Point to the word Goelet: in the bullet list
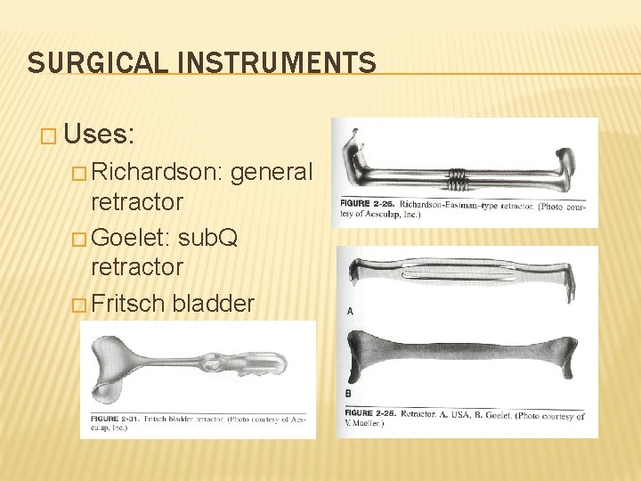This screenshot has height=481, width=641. coord(132,238)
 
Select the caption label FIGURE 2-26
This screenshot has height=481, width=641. coord(368,204)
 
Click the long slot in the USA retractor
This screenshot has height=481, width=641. coord(464,275)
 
